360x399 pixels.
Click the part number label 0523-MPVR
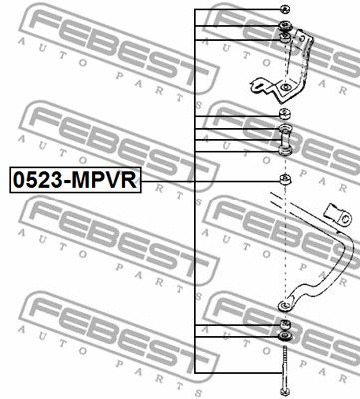[75, 180]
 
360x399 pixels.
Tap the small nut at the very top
[285, 9]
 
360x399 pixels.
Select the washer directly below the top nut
[285, 26]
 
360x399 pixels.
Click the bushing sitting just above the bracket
[285, 38]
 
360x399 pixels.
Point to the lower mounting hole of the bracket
[285, 88]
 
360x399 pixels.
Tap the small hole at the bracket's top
[302, 38]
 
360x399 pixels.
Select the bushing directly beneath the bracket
[285, 114]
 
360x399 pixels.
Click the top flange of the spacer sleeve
[285, 128]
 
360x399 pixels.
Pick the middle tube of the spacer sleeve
[285, 140]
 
